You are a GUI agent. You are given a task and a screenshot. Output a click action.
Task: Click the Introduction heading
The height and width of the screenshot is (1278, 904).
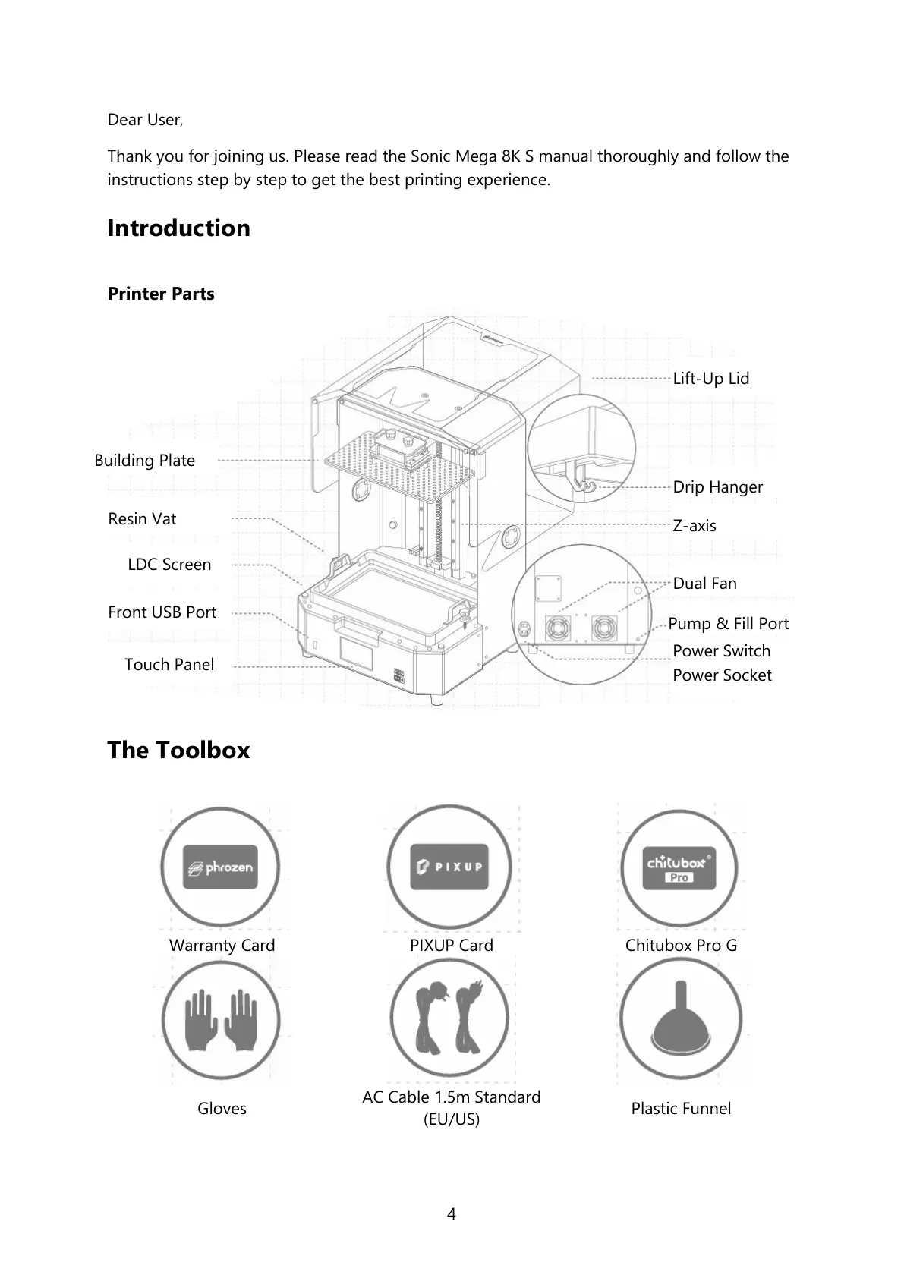pos(178,228)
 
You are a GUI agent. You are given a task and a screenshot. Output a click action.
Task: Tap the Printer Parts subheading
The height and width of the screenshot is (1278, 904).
pos(161,294)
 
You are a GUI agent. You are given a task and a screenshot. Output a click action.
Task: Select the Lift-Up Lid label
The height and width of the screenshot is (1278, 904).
pos(710,378)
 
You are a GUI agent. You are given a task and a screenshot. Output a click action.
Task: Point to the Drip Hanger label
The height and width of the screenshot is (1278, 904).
pos(717,487)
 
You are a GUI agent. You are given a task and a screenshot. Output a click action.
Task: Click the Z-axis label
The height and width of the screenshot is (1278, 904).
pos(694,525)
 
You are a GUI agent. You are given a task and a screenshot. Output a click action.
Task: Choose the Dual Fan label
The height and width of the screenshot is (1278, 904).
pos(704,583)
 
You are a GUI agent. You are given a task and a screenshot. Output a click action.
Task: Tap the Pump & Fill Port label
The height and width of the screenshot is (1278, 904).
pos(728,623)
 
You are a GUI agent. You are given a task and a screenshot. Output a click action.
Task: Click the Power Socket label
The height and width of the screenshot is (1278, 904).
pos(721,675)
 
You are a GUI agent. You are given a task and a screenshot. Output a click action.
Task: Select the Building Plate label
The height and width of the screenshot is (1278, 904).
pos(144,461)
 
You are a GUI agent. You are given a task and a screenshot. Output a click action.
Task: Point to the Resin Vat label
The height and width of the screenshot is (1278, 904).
pos(142,519)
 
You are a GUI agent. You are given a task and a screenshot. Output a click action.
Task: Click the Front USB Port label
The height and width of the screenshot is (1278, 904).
pos(162,612)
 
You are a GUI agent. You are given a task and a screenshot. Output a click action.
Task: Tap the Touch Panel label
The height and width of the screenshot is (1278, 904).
pos(169,665)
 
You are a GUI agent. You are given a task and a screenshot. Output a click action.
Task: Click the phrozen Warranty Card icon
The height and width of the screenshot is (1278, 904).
pos(221,867)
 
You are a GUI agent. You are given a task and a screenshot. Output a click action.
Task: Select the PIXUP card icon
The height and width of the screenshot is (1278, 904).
pos(448,867)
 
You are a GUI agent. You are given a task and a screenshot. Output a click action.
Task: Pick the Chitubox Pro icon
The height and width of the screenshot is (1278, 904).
pos(679,867)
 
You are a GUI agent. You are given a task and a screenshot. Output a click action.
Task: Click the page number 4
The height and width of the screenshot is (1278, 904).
pos(452,1213)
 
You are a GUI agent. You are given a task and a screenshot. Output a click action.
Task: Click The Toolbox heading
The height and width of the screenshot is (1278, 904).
pos(178,750)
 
